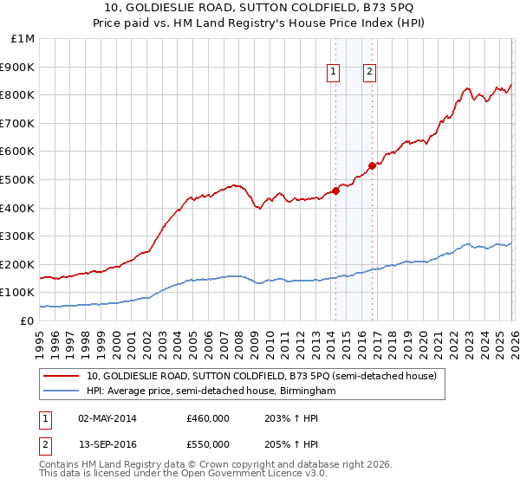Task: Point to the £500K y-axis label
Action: (x=18, y=179)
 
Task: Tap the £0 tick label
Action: (x=26, y=320)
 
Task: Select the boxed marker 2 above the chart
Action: (x=369, y=73)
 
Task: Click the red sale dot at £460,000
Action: (x=335, y=191)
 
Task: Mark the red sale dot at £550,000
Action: (x=372, y=165)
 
